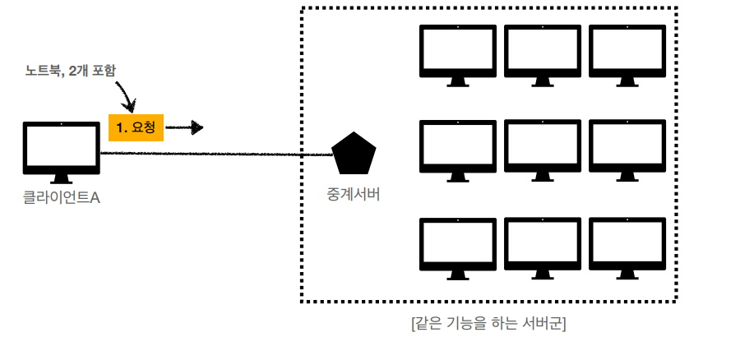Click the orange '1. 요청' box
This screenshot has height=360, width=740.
pos(136,127)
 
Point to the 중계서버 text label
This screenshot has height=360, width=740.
pos(354,195)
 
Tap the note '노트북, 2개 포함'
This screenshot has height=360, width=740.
pos(70,72)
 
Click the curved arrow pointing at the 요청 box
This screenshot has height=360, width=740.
pos(125,95)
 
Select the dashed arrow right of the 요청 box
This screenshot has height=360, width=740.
pos(184,127)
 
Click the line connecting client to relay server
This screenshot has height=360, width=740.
pos(214,154)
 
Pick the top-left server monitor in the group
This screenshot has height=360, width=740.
pos(458,53)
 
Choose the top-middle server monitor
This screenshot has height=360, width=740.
pos(542,53)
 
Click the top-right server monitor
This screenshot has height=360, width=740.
pos(626,53)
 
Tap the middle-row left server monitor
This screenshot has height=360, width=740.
pos(458,150)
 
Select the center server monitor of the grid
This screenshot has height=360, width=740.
pos(542,150)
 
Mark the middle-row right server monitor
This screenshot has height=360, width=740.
pos(626,150)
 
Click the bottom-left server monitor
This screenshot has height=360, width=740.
pos(458,244)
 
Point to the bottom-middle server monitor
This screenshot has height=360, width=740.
pos(542,244)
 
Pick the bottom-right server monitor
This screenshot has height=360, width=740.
pos(626,244)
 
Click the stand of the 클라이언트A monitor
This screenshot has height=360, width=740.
pos(61,178)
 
